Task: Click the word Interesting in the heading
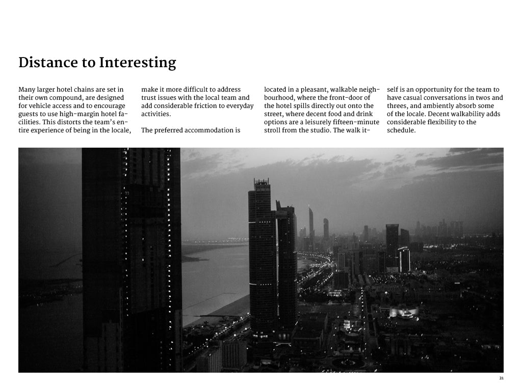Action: coord(137,63)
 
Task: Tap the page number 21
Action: coord(502,378)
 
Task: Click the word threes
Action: coord(398,106)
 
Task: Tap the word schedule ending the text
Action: coord(401,130)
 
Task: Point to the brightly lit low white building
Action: coord(404,311)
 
